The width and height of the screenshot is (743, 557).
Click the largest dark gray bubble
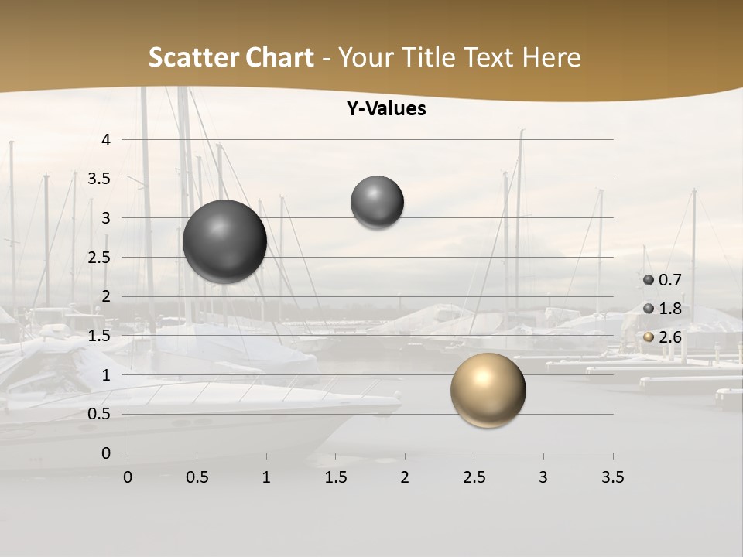(x=224, y=241)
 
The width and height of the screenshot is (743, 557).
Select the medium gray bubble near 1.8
(x=377, y=202)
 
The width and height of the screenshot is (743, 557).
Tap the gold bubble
(x=488, y=390)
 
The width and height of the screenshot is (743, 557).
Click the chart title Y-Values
(x=386, y=109)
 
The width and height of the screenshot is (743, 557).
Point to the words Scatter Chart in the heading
(x=231, y=57)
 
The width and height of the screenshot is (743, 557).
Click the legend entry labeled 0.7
(x=663, y=280)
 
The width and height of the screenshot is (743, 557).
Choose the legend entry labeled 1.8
(x=663, y=309)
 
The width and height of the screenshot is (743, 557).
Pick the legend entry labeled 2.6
(x=663, y=337)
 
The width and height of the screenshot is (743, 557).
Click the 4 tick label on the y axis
(x=106, y=140)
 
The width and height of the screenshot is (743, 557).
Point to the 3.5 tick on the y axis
(x=100, y=179)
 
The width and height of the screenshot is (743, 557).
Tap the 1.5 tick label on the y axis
(x=100, y=336)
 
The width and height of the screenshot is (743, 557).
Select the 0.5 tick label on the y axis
(x=100, y=414)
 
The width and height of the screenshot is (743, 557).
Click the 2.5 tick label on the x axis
(x=474, y=477)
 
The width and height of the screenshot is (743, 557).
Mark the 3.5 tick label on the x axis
(x=612, y=477)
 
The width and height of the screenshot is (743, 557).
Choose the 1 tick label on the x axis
(x=266, y=477)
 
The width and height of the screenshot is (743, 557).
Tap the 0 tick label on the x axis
(x=128, y=477)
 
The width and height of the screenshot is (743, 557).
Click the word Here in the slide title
(x=551, y=57)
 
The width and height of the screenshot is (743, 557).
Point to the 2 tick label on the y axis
(x=106, y=296)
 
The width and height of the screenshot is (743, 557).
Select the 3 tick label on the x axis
(x=543, y=477)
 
